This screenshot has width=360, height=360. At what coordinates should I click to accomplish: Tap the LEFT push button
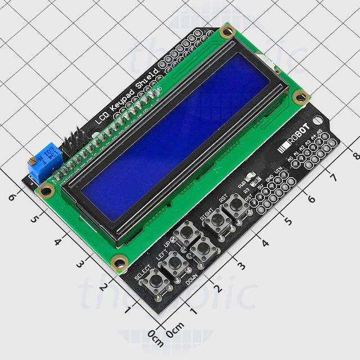point(174,260)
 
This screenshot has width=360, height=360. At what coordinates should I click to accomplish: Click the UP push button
point(184,232)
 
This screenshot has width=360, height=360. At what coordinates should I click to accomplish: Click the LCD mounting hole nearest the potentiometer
point(47,190)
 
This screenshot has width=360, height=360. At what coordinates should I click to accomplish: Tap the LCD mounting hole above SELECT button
point(119,261)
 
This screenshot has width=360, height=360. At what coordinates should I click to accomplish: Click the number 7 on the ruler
point(333,178)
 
